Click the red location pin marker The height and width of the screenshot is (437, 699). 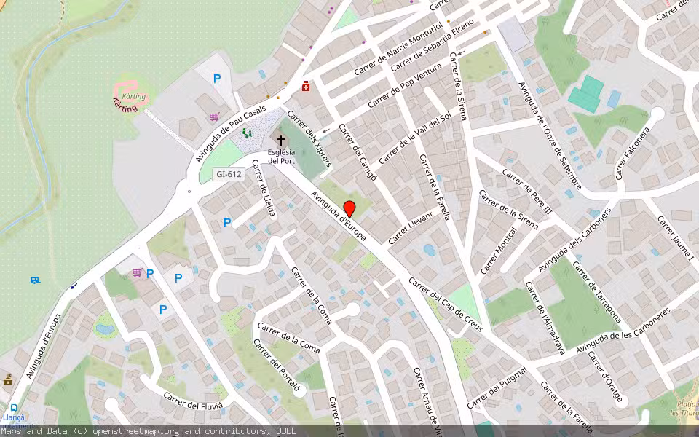349,208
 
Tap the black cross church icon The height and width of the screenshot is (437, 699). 280,139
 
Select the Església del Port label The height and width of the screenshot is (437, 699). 281,156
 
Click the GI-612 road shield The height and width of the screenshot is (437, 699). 228,174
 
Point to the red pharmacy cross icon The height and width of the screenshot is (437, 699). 306,86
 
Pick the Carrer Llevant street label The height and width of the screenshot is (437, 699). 411,227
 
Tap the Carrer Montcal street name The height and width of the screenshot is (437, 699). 498,250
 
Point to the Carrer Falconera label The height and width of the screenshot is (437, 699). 631,154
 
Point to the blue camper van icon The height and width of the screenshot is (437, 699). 34,280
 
